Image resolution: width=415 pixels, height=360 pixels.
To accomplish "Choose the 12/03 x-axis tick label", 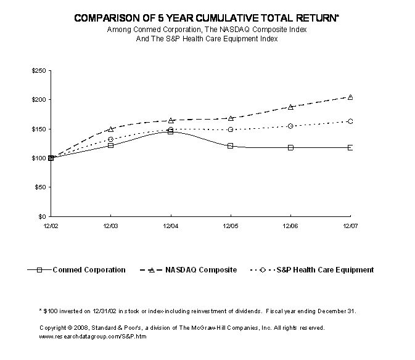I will pyautogui.click(x=110, y=227).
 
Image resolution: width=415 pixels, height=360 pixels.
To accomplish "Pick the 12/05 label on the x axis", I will pyautogui.click(x=230, y=227).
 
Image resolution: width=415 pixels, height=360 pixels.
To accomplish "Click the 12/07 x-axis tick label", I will pyautogui.click(x=350, y=227).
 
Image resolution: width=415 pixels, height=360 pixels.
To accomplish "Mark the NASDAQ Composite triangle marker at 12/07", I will pyautogui.click(x=350, y=97).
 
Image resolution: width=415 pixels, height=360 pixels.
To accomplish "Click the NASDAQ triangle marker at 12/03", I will pyautogui.click(x=111, y=129).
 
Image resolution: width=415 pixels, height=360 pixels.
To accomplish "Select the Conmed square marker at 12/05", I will pyautogui.click(x=230, y=146).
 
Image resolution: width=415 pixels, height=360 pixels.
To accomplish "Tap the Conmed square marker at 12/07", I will pyautogui.click(x=350, y=148).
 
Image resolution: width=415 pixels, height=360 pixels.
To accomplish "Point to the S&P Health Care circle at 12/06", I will pyautogui.click(x=290, y=126).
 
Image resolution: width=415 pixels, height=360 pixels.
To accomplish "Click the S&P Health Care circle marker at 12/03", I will pyautogui.click(x=111, y=139).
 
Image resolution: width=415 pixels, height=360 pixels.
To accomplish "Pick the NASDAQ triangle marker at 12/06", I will pyautogui.click(x=290, y=107).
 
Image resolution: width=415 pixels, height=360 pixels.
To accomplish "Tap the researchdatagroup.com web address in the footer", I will pyautogui.click(x=93, y=337).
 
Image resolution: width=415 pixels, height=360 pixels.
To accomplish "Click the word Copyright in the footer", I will pyautogui.click(x=53, y=328).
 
